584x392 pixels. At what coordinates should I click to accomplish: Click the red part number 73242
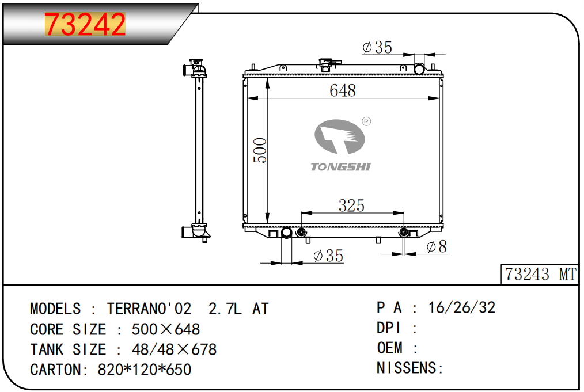tap(85, 24)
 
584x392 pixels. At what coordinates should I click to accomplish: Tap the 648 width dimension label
tap(343, 90)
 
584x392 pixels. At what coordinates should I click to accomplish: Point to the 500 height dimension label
tap(260, 150)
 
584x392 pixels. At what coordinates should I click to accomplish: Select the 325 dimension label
tap(351, 205)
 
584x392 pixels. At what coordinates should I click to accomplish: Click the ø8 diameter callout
tap(437, 246)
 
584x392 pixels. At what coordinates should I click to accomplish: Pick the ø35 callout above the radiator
tap(377, 47)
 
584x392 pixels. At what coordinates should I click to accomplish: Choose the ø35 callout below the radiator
tap(328, 256)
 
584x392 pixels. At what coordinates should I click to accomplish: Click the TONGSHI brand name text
tap(341, 167)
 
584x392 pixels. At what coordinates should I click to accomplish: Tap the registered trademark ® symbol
tap(366, 121)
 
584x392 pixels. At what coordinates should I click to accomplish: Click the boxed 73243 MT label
tap(540, 275)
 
